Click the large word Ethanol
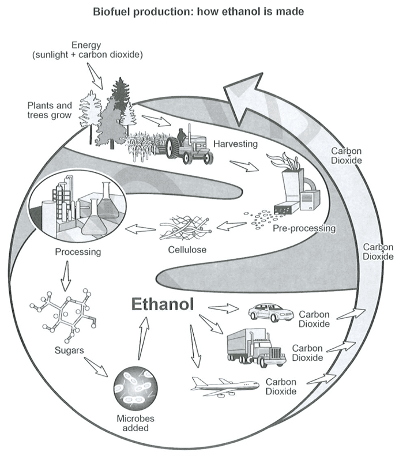pos(163,304)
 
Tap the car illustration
pos(271,312)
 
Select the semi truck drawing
pos(257,348)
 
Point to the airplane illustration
pos(224,387)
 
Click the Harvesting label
pos(236,144)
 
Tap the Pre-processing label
pos(304,229)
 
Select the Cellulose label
pos(187,250)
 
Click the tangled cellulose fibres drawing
pos(186,228)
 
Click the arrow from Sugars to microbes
pos(96,367)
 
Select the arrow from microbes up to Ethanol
pos(143,338)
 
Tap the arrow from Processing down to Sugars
pos(66,276)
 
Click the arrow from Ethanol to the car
pos(223,308)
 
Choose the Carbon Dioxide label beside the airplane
pos(281,386)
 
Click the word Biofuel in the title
pos(111,12)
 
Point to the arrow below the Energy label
pos(95,76)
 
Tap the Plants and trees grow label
pos(50,110)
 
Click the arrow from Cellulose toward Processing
pos(140,229)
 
